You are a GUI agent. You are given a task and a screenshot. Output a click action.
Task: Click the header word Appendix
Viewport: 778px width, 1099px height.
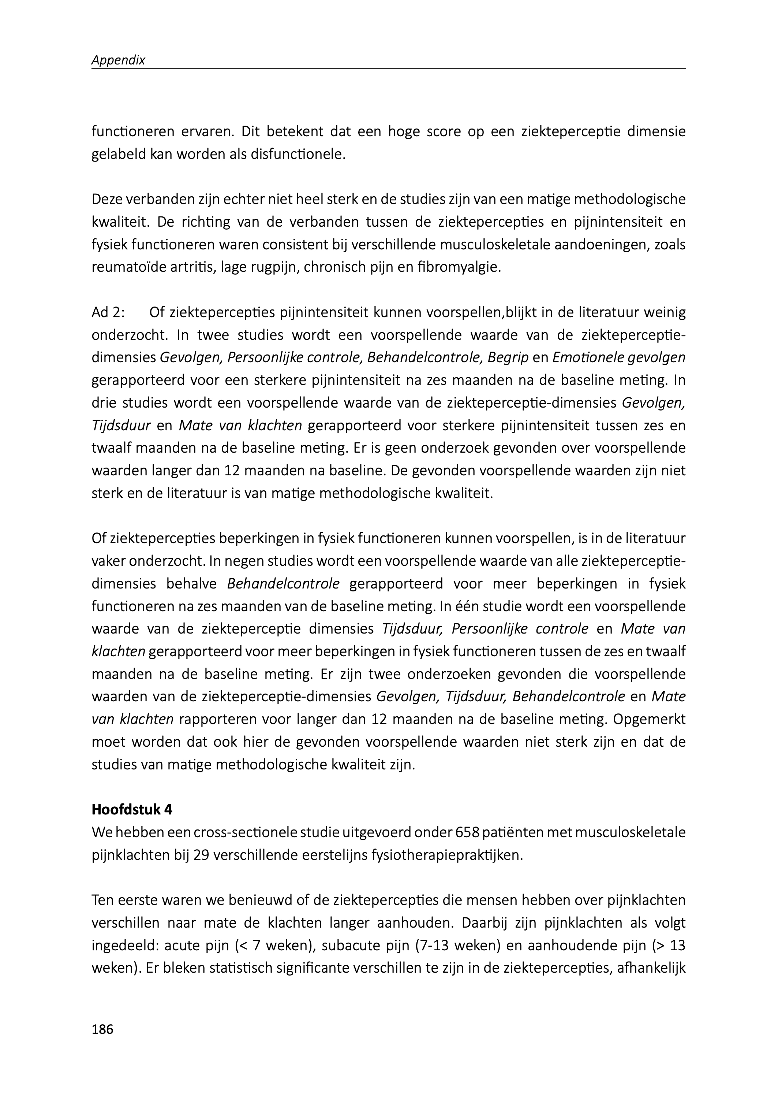(x=118, y=60)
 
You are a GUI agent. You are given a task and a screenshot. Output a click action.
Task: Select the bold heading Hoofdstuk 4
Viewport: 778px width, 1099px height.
(x=132, y=810)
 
